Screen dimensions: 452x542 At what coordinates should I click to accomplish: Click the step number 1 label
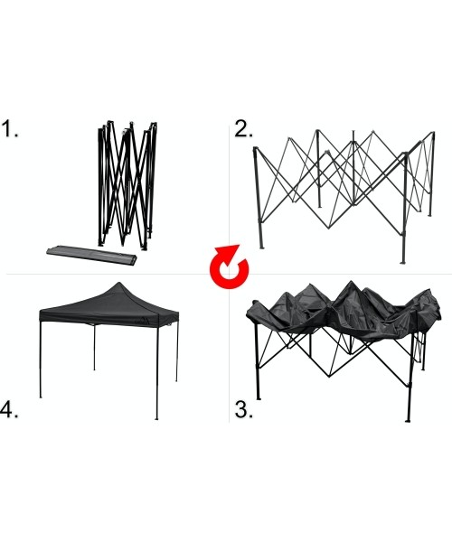click(10, 128)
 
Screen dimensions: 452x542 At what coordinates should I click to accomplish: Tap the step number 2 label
click(243, 128)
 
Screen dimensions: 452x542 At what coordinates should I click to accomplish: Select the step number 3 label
click(243, 409)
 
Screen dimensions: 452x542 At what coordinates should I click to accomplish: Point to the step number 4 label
click(9, 409)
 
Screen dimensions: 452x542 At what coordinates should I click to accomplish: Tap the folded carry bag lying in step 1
click(91, 255)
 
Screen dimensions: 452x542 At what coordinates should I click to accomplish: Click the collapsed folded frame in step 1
click(127, 185)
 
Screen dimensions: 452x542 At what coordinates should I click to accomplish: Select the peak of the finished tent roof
click(118, 283)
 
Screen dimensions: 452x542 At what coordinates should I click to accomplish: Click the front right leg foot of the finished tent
click(156, 418)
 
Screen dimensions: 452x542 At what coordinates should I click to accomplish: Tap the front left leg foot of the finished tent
click(41, 397)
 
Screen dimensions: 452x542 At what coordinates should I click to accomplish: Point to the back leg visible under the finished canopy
click(94, 348)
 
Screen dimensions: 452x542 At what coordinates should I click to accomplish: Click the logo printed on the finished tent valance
click(143, 321)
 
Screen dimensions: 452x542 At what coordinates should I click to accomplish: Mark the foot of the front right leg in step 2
click(403, 262)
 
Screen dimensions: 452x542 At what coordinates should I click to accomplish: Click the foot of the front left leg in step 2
click(261, 248)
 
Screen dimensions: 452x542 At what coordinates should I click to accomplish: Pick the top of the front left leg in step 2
click(256, 148)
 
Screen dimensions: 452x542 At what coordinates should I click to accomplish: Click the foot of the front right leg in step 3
click(408, 420)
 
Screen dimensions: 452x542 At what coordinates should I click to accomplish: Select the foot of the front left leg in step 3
click(259, 398)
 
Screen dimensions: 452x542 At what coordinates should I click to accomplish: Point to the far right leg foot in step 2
click(430, 215)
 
